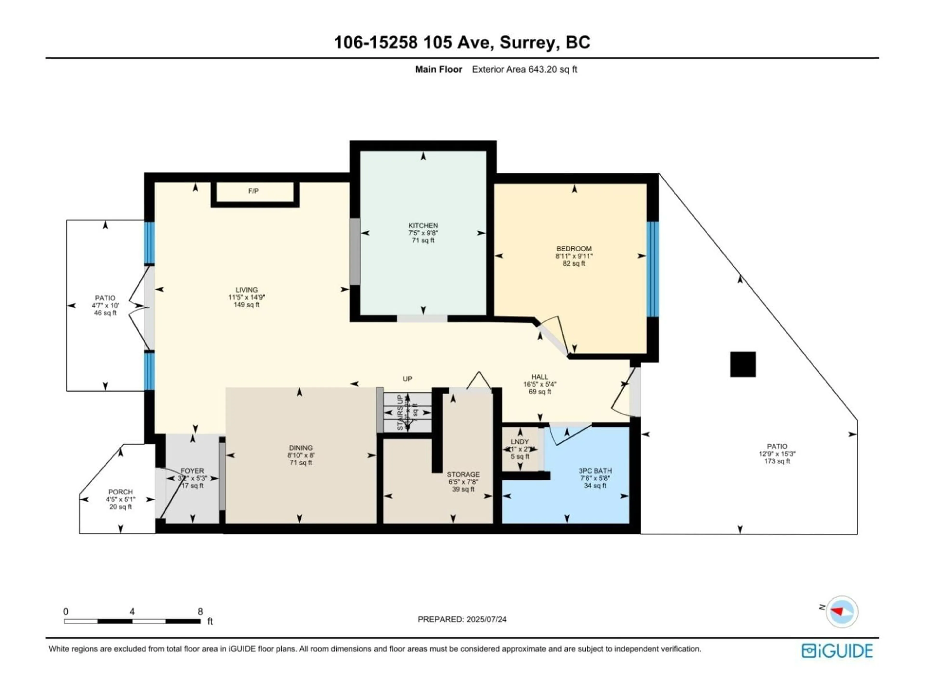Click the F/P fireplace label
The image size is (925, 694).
pos(253,191)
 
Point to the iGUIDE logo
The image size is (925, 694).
pos(837,651)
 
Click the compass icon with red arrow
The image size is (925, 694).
pos(842,612)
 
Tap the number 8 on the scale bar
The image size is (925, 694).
pos(200,612)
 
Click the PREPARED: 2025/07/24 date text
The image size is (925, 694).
pos(462,620)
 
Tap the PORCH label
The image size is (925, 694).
pos(120,492)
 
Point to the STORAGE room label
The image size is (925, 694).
pos(463,474)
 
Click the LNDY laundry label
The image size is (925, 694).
pos(520,442)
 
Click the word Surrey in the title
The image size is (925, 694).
pos(529,42)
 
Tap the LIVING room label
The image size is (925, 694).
pos(246,290)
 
